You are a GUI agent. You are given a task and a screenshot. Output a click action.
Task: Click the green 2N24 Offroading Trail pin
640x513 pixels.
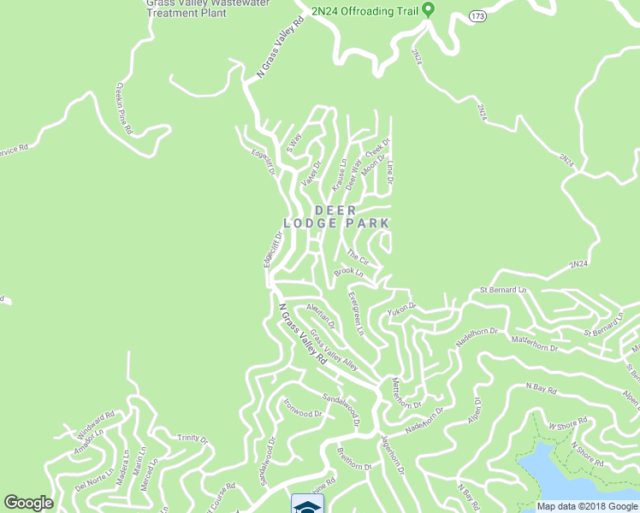pos(429,9)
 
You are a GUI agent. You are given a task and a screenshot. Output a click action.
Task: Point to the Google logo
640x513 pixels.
pos(28,503)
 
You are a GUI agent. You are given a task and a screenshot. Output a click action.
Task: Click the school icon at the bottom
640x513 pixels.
pos(302,504)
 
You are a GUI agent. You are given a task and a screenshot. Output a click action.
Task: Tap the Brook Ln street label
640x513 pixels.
pos(349,272)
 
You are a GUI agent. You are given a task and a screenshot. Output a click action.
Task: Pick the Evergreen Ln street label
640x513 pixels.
pos(356,313)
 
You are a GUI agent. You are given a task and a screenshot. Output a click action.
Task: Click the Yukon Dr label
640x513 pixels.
pos(401,307)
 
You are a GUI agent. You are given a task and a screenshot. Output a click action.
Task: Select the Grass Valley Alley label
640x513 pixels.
pos(334,351)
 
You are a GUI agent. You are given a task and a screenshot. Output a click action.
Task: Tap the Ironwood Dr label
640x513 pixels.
pos(303,405)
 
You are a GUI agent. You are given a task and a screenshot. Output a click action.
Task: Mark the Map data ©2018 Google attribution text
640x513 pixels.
pos(587,506)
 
